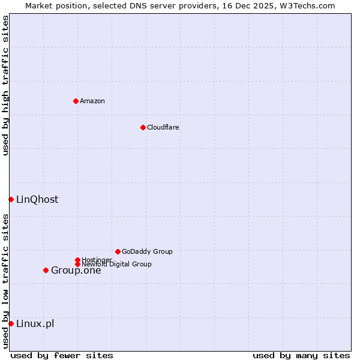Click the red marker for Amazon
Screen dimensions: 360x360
(x=76, y=101)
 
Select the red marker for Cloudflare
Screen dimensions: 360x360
(x=143, y=127)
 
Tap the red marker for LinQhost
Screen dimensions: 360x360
(x=11, y=199)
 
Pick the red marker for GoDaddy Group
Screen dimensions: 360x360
(x=118, y=251)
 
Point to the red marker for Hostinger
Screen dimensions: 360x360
(x=77, y=260)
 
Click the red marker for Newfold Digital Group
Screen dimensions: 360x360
(x=77, y=264)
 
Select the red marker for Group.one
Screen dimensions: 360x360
(x=46, y=270)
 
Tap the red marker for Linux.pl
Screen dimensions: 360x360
(x=11, y=323)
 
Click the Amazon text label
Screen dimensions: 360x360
(x=92, y=101)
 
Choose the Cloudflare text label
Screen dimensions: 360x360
(x=163, y=127)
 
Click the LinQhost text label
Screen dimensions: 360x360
(x=37, y=199)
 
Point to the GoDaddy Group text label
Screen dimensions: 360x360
(x=147, y=251)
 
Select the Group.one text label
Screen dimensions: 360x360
(x=76, y=270)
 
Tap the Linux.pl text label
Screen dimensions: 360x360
(x=35, y=323)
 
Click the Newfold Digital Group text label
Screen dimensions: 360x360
(x=116, y=264)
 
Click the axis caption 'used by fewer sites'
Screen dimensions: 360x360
(x=62, y=355)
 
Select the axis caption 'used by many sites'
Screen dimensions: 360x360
(x=301, y=355)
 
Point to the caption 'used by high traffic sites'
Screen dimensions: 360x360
(x=5, y=85)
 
